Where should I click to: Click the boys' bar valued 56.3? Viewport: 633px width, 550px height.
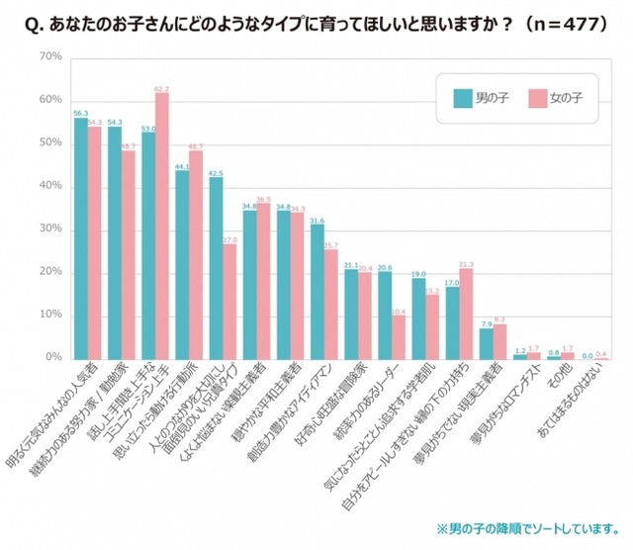[81, 238]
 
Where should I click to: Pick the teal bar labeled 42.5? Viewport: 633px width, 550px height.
[217, 268]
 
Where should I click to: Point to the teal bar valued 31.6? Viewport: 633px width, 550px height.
[317, 292]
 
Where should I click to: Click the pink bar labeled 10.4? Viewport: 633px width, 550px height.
[399, 337]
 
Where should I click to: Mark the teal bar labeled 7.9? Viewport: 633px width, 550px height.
[487, 342]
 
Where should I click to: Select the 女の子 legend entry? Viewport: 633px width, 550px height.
[553, 99]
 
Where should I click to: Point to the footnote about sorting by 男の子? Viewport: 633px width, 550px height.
[519, 526]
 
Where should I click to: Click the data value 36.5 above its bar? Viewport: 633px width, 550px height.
[263, 200]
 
